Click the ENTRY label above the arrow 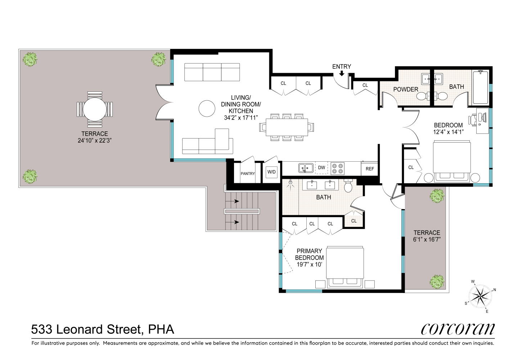[342, 67]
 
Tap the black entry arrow [342, 73]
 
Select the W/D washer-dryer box [271, 172]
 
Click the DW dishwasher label [321, 168]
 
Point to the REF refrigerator [370, 168]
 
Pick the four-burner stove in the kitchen [337, 168]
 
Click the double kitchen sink [306, 168]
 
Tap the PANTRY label [248, 174]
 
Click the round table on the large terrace [95, 109]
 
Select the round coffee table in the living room [207, 109]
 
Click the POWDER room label [406, 89]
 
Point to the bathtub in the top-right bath [480, 87]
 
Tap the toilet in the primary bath [348, 186]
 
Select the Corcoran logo [458, 329]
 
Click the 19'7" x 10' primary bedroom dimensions [310, 265]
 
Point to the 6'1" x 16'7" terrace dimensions [427, 239]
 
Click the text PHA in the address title [161, 329]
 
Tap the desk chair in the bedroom [472, 119]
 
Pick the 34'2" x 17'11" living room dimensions [241, 118]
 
